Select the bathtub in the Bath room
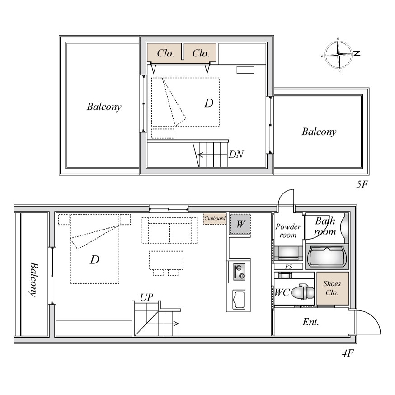326,256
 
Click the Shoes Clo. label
332,288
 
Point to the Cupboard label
215,218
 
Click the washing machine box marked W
240,224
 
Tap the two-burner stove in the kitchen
239,272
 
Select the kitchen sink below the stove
238,299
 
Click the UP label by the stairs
146,297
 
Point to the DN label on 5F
236,155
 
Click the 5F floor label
362,185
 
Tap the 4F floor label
348,353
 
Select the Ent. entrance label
310,322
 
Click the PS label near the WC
288,266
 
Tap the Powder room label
288,230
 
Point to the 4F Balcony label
34,280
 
